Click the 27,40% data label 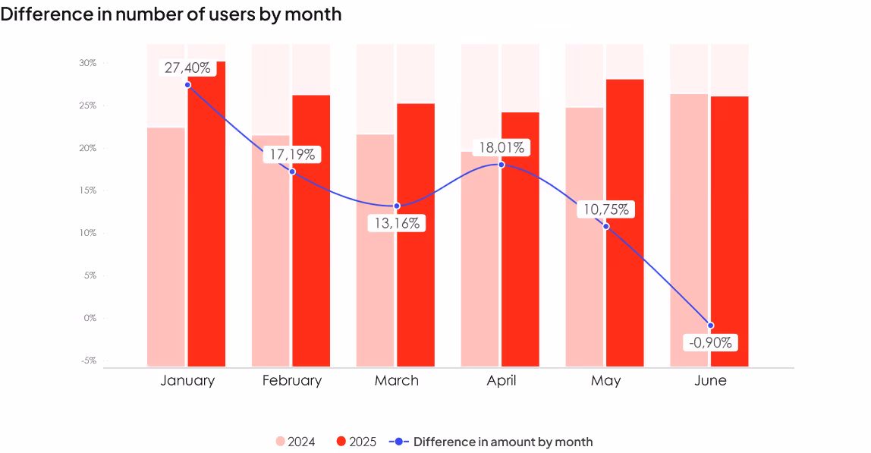click(187, 68)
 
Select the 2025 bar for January click(206, 214)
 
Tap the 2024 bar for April click(480, 259)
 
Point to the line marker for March click(397, 206)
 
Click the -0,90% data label click(710, 342)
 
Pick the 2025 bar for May click(625, 223)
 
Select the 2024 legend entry click(296, 442)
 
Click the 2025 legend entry click(357, 442)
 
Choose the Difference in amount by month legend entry click(491, 442)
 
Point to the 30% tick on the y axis click(88, 63)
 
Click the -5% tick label click(89, 360)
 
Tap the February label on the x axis click(292, 380)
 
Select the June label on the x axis click(710, 380)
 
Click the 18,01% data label click(502, 147)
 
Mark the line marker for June click(710, 326)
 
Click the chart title click(171, 14)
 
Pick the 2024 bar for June click(689, 230)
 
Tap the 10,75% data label click(606, 209)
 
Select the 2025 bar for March click(416, 235)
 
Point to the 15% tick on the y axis click(88, 190)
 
